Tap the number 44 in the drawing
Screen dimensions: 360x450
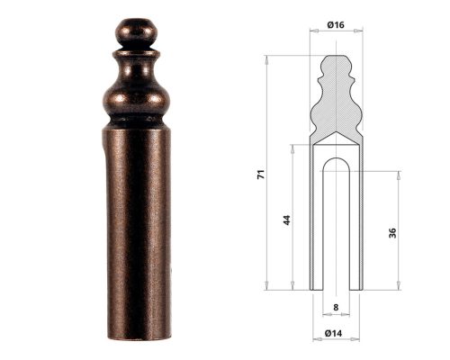(x=287, y=218)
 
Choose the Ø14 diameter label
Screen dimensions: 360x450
(x=336, y=334)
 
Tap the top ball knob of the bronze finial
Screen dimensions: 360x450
(x=136, y=32)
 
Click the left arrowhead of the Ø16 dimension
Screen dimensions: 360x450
(x=312, y=31)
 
